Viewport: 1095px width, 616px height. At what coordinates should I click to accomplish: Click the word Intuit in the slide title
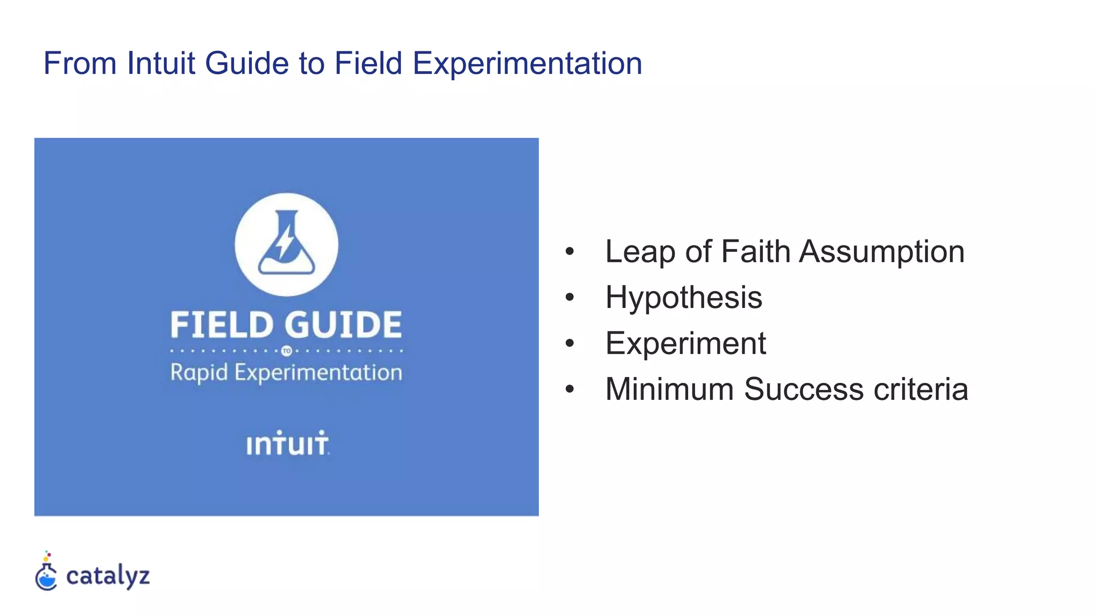(x=160, y=63)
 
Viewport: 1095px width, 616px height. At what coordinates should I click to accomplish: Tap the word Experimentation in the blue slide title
(x=527, y=63)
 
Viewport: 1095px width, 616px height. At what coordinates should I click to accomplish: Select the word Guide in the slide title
(x=247, y=63)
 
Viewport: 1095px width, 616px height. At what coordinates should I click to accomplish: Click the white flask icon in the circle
(x=287, y=243)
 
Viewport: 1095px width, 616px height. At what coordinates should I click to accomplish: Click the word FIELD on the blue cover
(x=222, y=325)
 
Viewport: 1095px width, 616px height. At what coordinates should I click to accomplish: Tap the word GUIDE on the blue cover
(x=343, y=325)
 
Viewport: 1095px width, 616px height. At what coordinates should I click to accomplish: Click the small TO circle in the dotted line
(x=287, y=351)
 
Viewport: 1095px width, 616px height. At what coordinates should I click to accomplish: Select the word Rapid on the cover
(x=199, y=373)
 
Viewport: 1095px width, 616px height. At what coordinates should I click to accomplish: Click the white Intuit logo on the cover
(x=287, y=444)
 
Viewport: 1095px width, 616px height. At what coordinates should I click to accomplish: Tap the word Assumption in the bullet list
(x=882, y=251)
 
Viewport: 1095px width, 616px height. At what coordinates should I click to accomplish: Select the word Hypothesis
(x=684, y=297)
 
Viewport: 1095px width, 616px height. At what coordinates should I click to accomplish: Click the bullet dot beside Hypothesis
(x=569, y=297)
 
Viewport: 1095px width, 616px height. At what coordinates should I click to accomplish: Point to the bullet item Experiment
(x=685, y=343)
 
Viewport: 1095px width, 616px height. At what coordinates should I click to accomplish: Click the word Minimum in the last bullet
(x=669, y=389)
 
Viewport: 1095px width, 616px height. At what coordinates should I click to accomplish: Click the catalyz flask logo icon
(x=47, y=573)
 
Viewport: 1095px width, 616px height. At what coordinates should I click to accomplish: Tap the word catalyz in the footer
(x=108, y=576)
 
